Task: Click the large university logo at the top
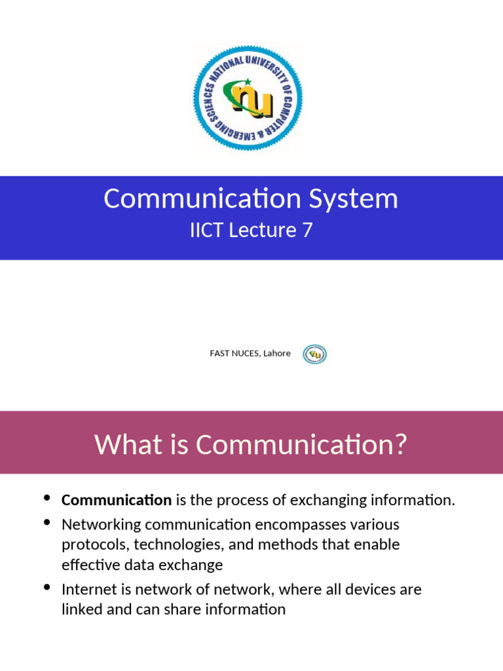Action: [x=248, y=98]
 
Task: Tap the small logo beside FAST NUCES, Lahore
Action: [x=314, y=354]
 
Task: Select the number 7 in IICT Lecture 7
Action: [x=307, y=231]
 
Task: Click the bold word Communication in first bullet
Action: [x=116, y=501]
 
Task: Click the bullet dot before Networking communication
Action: [x=47, y=522]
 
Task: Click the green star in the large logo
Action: [x=247, y=82]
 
